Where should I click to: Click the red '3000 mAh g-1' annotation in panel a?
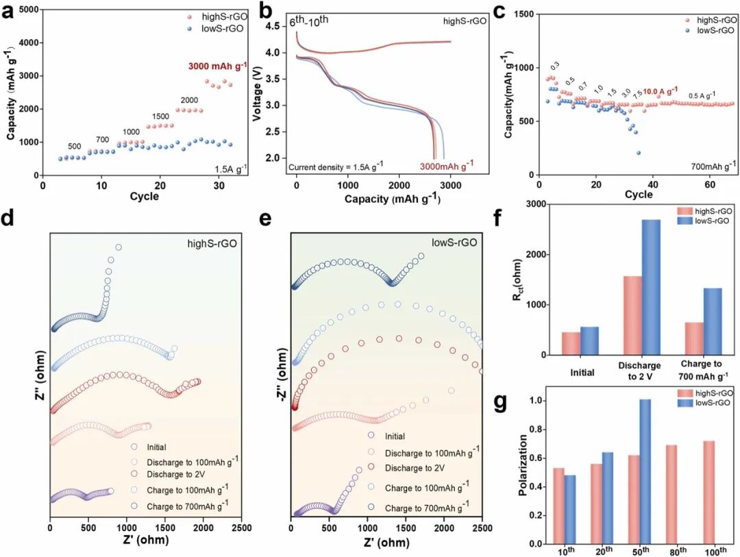pos(218,66)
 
